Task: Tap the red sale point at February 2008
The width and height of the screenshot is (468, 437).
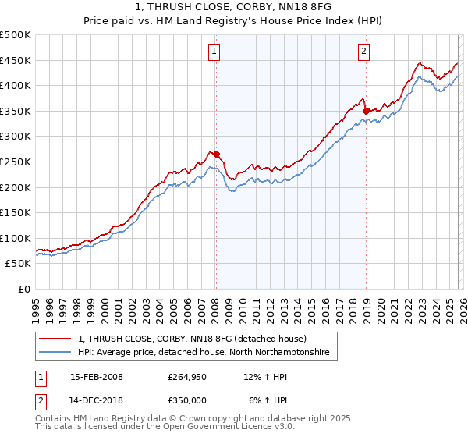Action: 216,154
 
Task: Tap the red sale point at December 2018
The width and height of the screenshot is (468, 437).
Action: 366,111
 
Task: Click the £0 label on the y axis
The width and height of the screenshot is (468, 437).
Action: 23,289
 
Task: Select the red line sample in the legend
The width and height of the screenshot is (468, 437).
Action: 55,339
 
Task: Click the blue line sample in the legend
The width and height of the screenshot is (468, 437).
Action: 55,353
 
